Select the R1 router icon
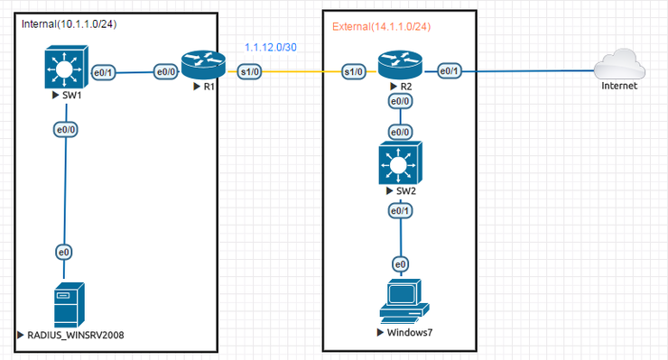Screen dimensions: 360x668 [x=199, y=64]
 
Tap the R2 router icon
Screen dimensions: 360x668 [x=398, y=64]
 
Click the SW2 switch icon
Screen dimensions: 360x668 [x=398, y=167]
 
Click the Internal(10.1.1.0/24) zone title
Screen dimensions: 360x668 [x=69, y=23]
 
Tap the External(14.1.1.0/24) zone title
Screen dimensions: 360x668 [x=381, y=26]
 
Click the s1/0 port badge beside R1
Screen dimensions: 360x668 [x=250, y=71]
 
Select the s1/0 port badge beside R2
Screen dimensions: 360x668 [x=355, y=71]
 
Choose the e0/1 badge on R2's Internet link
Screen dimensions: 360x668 [x=450, y=71]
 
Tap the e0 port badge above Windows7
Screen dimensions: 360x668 [x=398, y=264]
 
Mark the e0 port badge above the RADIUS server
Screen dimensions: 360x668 [x=64, y=251]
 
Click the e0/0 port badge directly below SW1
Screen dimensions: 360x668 [x=64, y=129]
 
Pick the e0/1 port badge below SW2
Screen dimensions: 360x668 [x=398, y=210]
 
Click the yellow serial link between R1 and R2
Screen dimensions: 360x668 [x=302, y=71]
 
